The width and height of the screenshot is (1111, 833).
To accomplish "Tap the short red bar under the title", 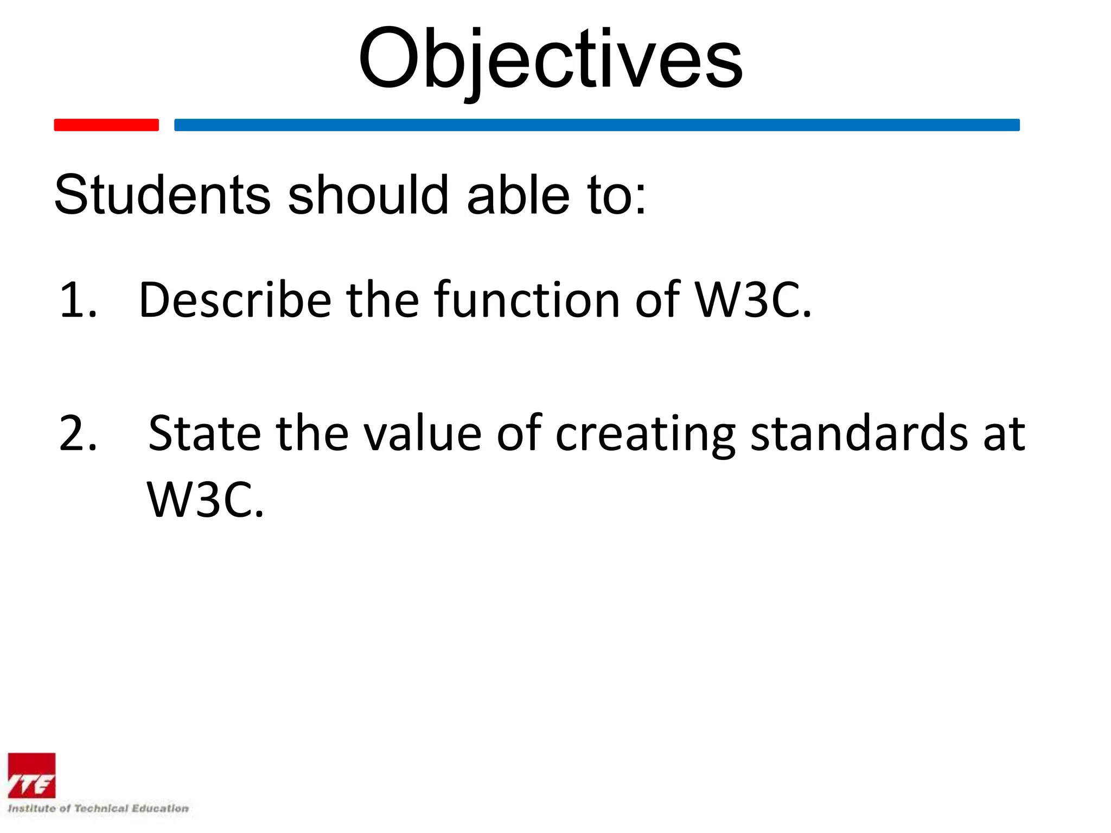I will click(106, 125).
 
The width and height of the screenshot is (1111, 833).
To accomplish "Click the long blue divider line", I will click(597, 125).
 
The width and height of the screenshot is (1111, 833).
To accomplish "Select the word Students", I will click(162, 195).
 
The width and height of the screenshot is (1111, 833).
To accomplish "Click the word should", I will click(368, 195).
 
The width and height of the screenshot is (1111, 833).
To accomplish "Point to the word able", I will click(518, 195).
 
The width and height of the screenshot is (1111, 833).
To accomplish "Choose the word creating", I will click(645, 434).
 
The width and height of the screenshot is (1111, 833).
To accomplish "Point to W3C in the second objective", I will click(205, 500).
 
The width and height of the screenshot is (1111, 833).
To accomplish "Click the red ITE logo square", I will click(31, 776).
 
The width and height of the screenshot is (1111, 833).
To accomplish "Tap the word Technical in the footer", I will click(101, 809).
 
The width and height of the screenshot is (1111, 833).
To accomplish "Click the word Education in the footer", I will click(161, 809).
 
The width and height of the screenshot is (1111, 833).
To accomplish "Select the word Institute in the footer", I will click(31, 809).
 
